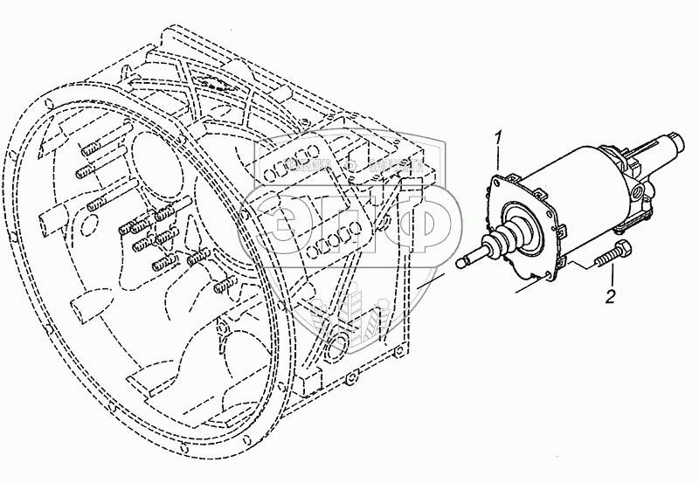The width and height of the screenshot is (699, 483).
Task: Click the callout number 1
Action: [498, 137]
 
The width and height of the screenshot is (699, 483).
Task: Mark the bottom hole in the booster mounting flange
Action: [547, 278]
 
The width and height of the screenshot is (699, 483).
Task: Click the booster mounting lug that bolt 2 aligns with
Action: [572, 257]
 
